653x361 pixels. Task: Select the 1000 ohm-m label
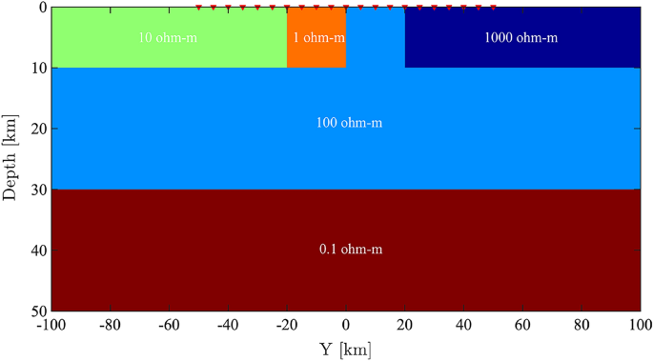click(x=521, y=38)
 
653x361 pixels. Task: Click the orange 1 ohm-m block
click(x=316, y=52)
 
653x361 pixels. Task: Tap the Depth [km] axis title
click(x=10, y=159)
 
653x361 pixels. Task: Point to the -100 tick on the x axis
click(x=51, y=325)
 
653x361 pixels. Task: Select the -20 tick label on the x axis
click(x=286, y=325)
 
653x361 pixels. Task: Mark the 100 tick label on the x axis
click(x=639, y=325)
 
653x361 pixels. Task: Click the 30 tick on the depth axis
click(x=38, y=190)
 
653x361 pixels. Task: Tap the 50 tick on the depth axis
click(x=38, y=311)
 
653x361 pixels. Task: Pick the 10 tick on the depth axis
click(x=38, y=68)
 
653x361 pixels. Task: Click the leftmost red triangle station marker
click(x=198, y=8)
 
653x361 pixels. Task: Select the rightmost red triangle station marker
click(x=493, y=8)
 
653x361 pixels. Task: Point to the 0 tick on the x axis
click(x=346, y=325)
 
